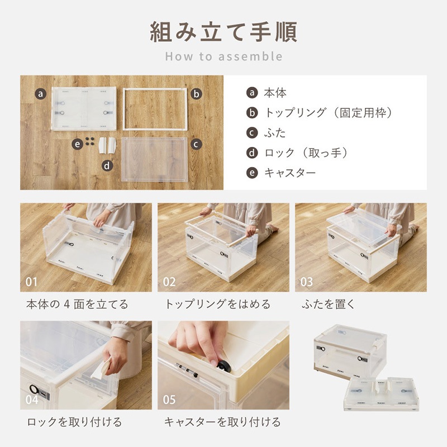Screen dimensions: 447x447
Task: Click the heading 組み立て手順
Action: (223, 32)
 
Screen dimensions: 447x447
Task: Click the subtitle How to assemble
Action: (224, 56)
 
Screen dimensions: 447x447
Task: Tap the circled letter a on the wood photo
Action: (40, 93)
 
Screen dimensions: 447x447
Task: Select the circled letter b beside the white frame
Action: (196, 93)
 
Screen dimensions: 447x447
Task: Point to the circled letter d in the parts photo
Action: (107, 165)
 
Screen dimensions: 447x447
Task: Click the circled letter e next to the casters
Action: (77, 144)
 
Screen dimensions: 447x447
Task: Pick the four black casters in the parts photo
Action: (90, 141)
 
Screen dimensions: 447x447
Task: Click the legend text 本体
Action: (275, 93)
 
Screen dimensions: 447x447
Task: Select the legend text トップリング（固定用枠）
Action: (328, 113)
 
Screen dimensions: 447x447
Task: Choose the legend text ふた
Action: (275, 133)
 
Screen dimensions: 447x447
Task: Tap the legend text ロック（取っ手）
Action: (306, 153)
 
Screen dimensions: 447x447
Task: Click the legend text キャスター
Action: (290, 173)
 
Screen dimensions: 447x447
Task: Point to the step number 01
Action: (31, 282)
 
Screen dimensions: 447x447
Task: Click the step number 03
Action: (306, 282)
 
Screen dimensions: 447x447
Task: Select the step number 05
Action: (169, 400)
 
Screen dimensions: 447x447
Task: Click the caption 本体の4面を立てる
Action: (77, 304)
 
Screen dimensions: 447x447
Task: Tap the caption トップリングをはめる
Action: (217, 304)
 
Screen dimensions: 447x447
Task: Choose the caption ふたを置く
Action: (328, 304)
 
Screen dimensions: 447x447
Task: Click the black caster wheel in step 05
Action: (223, 365)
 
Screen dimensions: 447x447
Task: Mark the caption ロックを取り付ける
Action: (74, 422)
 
